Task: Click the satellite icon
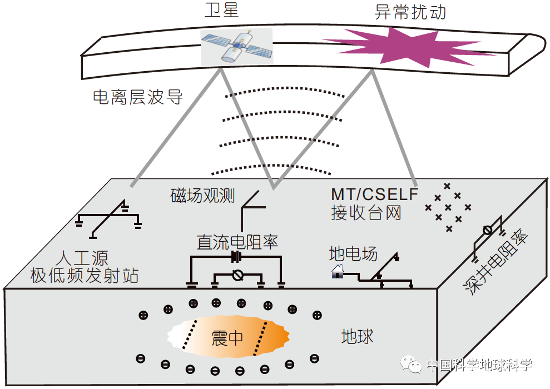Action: [x=236, y=45]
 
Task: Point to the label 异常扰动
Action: [x=410, y=12]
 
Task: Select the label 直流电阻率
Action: [x=237, y=242]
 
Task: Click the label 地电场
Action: [x=353, y=255]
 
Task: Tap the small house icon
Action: [x=338, y=272]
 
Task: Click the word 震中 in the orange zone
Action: [x=227, y=338]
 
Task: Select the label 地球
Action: [x=357, y=337]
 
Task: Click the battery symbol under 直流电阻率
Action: [x=237, y=257]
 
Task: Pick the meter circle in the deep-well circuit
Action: [x=487, y=230]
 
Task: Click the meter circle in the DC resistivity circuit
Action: [x=237, y=275]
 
